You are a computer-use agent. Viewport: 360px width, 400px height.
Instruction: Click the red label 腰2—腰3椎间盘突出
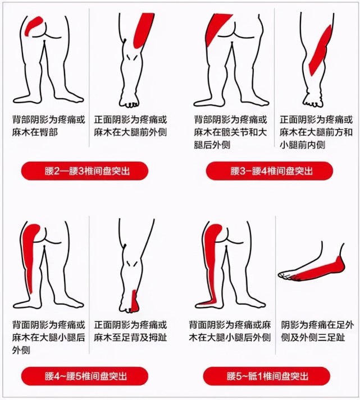[x=84, y=170]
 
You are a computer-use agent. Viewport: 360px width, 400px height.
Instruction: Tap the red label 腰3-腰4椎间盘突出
[x=270, y=170]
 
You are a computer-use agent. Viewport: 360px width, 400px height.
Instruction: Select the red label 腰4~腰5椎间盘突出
[x=84, y=375]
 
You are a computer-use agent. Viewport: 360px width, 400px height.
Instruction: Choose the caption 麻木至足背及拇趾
[x=130, y=330]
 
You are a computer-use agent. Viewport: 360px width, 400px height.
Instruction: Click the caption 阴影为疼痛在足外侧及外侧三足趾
[x=318, y=330]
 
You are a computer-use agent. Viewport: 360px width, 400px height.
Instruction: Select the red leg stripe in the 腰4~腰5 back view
[x=31, y=258]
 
